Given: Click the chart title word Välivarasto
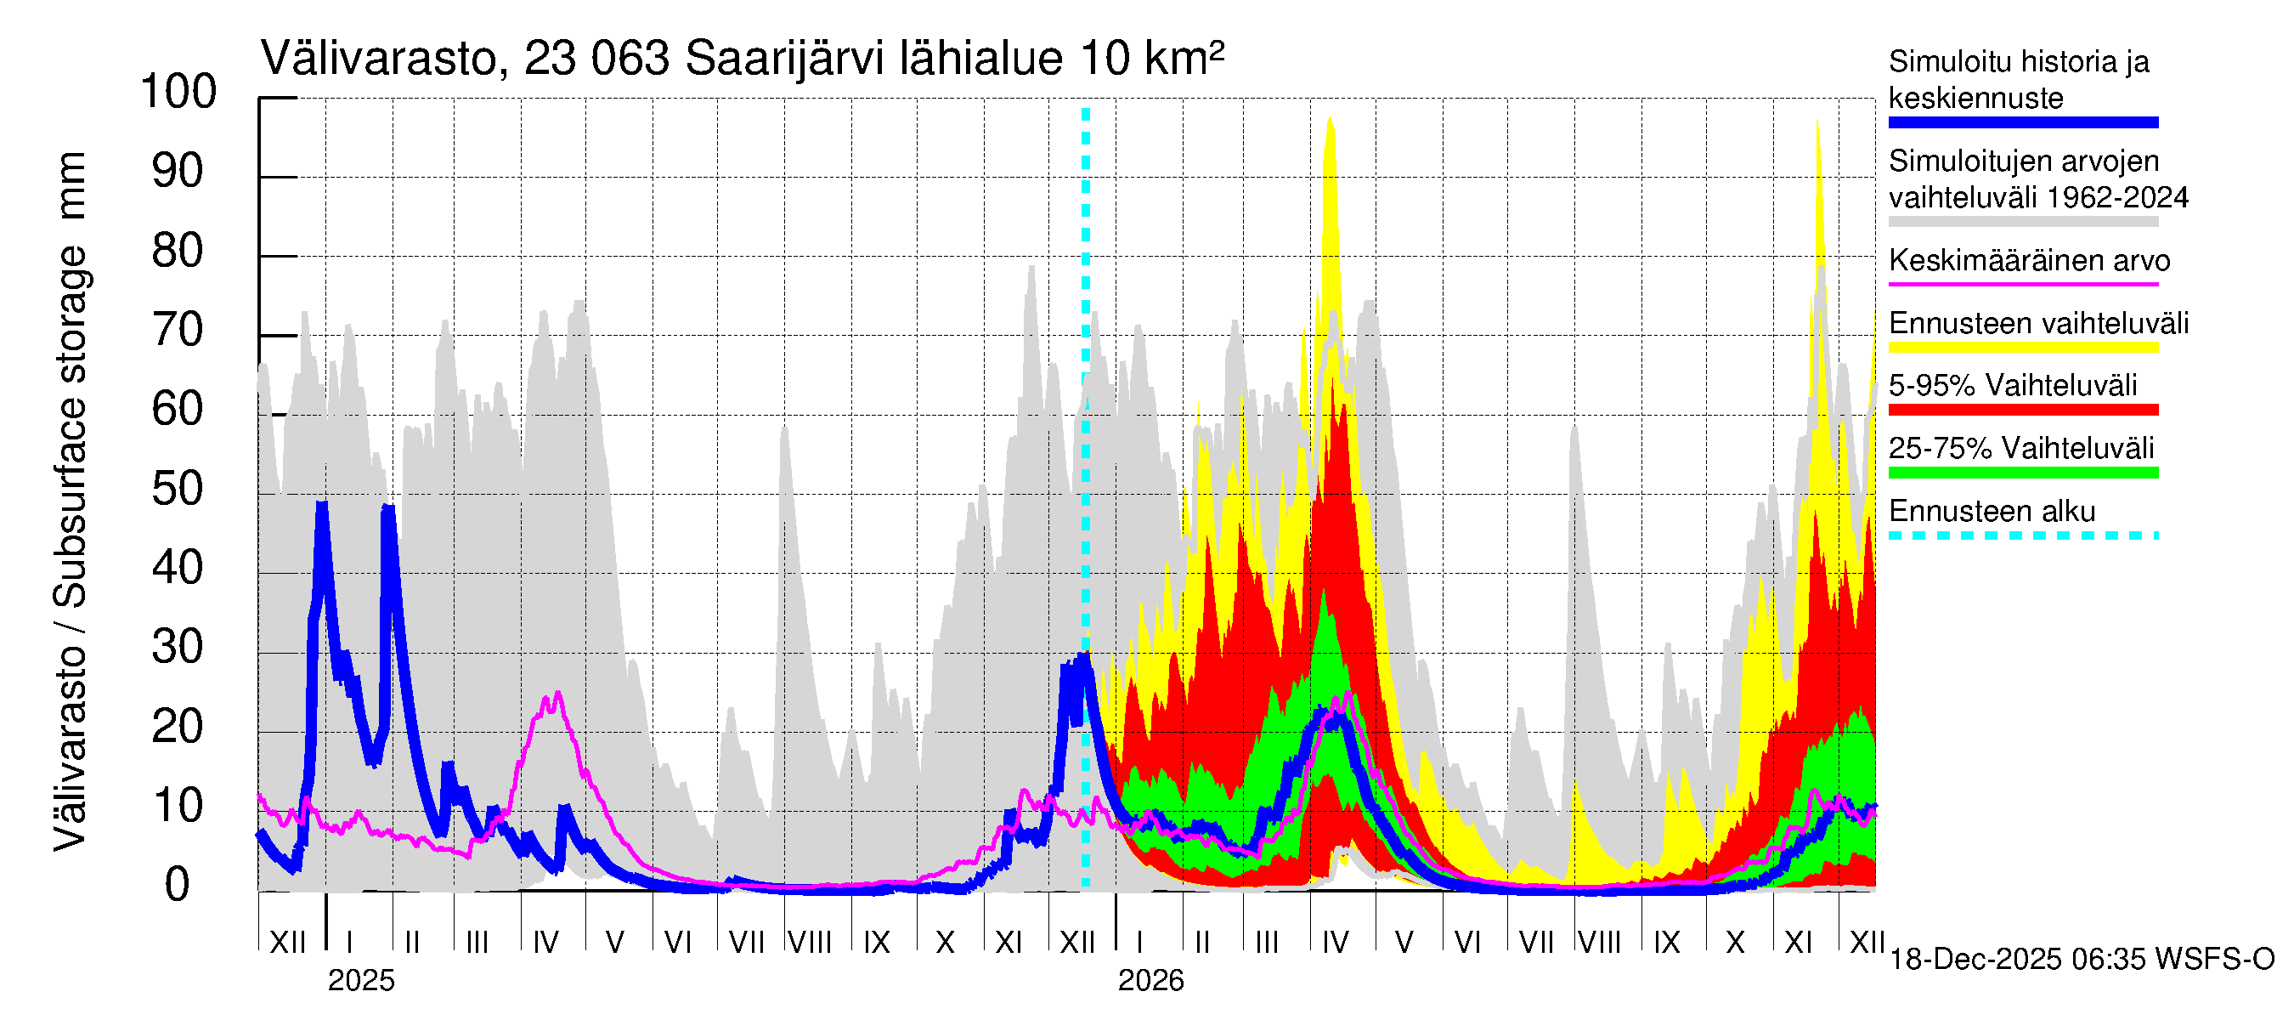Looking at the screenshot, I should click(x=378, y=59).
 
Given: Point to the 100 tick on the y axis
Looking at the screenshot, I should click(x=179, y=92).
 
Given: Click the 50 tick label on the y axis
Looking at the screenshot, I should click(x=178, y=489).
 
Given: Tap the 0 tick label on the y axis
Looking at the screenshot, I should click(x=178, y=886).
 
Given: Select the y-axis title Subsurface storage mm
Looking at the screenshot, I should click(x=71, y=499).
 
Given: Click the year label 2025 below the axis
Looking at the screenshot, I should click(x=360, y=981).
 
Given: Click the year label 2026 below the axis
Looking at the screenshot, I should click(x=1150, y=981).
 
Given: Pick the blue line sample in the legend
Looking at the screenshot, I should click(x=2022, y=123).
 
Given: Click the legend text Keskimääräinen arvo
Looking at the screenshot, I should click(x=2029, y=261).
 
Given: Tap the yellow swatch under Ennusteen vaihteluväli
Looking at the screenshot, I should click(x=2022, y=348).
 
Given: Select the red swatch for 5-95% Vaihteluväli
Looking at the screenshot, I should click(x=2022, y=410).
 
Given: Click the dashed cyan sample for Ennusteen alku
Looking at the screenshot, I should click(x=2022, y=535).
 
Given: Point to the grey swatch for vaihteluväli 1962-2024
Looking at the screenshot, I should click(x=2022, y=222).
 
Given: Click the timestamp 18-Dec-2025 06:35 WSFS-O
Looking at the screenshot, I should click(x=2081, y=960).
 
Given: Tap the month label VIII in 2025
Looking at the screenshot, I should click(x=811, y=943).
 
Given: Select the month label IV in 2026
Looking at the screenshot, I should click(x=1335, y=943).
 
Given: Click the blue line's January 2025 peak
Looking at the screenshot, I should click(x=321, y=504).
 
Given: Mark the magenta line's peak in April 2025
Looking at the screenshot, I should click(x=557, y=693).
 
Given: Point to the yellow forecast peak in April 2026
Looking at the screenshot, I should click(x=1330, y=118).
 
